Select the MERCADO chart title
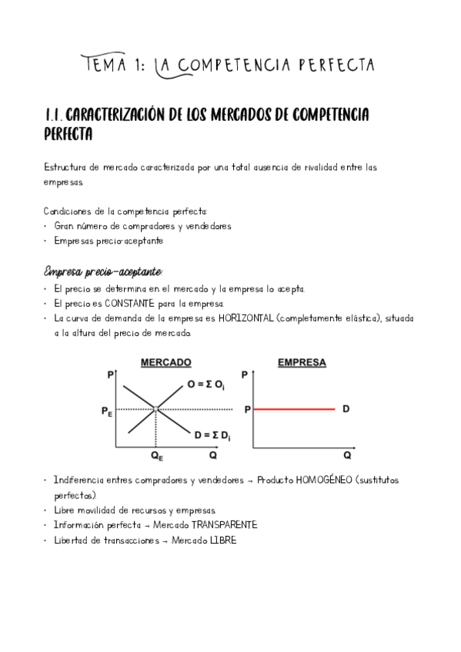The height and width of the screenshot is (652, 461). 165,362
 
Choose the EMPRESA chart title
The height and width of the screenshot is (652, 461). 301,362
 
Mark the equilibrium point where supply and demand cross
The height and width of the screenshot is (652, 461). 156,409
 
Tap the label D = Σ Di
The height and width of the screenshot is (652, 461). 212,435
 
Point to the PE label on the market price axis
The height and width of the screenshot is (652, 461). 106,412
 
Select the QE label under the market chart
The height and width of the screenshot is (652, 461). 156,456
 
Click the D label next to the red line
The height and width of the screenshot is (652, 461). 346,409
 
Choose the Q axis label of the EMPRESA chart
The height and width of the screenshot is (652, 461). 347,455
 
